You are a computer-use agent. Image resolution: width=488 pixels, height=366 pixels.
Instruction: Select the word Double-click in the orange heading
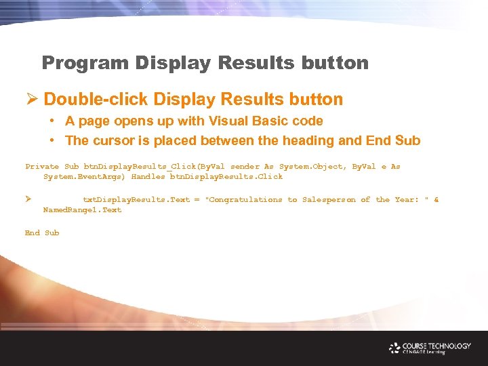pyautogui.click(x=96, y=100)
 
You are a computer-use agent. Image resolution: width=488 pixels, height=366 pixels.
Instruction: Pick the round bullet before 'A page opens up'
pyautogui.click(x=52, y=121)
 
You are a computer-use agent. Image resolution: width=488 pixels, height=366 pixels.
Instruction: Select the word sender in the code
pyautogui.click(x=245, y=166)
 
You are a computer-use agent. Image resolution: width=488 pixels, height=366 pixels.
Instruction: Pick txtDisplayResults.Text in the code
pyautogui.click(x=136, y=199)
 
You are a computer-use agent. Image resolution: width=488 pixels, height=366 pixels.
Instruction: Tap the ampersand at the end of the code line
pyautogui.click(x=436, y=199)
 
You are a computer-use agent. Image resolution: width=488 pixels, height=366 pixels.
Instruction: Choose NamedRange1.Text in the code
pyautogui.click(x=82, y=209)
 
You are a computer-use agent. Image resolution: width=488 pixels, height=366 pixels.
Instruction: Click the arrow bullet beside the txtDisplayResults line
pyautogui.click(x=28, y=199)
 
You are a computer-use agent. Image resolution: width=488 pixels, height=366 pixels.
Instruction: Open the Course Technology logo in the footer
pyautogui.click(x=430, y=348)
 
